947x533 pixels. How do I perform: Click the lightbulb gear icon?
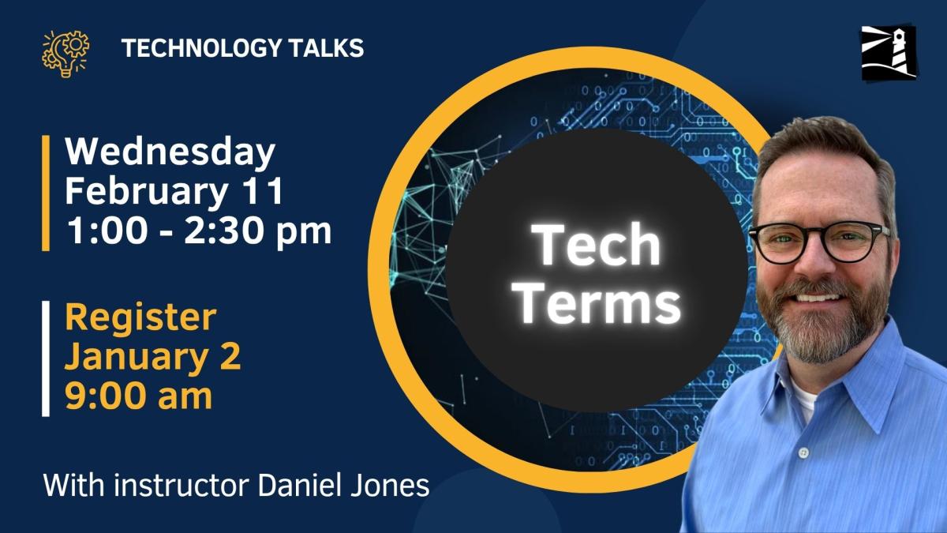[66, 51]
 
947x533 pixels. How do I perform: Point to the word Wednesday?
[170, 152]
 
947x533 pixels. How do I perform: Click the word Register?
[140, 317]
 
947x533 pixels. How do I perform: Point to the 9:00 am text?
[138, 396]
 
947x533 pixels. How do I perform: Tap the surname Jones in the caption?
[391, 484]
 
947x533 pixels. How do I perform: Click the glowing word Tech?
[597, 245]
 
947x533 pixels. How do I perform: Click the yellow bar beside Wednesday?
[46, 193]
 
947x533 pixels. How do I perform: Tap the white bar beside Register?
[46, 358]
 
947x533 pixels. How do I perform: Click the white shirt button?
[803, 453]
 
